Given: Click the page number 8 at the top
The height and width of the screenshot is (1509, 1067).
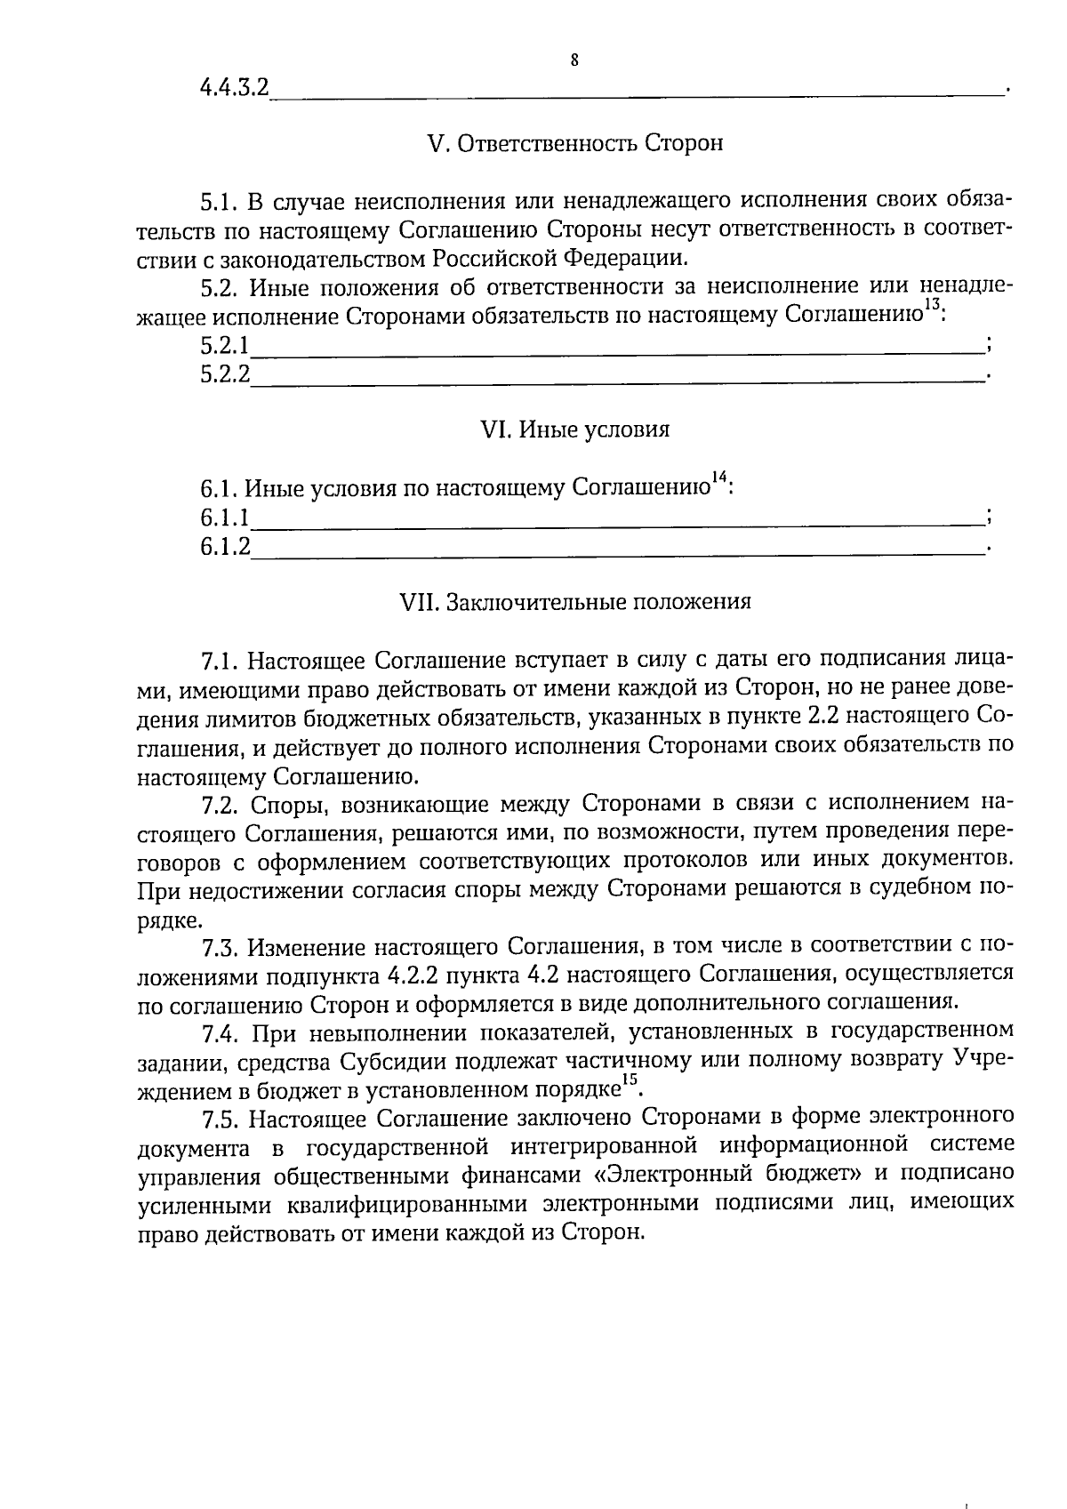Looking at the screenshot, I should coord(574,60).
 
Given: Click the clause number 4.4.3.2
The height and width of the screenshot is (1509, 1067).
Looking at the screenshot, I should coord(234,88).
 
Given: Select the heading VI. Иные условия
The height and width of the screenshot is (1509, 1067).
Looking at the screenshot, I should coord(574,429).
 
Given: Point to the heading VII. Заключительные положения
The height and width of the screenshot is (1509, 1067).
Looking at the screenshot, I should coord(576,602).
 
